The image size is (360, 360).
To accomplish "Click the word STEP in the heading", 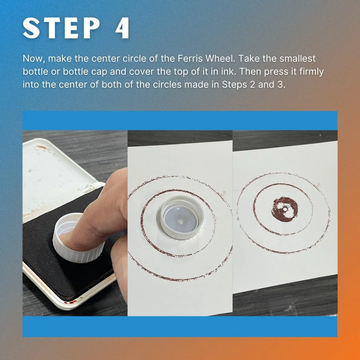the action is (61, 28).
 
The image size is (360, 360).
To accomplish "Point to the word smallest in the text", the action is (298, 59).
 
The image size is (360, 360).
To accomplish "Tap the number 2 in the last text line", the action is (252, 84).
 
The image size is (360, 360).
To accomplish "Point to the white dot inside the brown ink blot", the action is (285, 209).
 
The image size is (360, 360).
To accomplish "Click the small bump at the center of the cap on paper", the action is (181, 221).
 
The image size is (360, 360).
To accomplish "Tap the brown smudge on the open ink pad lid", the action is (42, 147).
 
